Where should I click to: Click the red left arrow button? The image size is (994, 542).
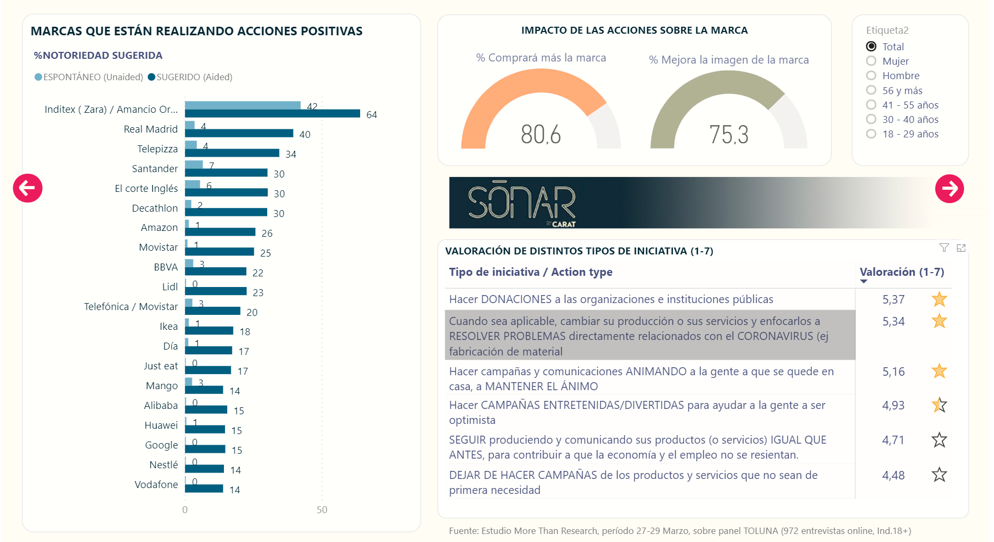tap(28, 188)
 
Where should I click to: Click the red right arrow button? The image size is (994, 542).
tap(949, 189)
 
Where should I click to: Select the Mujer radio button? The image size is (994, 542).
tap(871, 61)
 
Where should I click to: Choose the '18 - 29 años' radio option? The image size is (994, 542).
tap(871, 134)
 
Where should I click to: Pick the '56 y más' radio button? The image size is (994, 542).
tap(871, 90)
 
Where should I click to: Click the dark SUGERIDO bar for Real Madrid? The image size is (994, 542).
tap(239, 133)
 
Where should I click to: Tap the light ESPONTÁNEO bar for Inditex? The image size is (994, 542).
tap(243, 105)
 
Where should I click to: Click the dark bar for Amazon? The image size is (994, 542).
tap(220, 232)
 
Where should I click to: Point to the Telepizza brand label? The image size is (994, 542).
tap(157, 149)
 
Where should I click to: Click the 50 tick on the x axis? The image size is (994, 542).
tap(322, 509)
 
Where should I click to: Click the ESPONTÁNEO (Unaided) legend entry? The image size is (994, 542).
tap(89, 77)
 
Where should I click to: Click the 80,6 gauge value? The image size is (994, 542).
tap(541, 134)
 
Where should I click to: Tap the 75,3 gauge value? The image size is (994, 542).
tap(728, 135)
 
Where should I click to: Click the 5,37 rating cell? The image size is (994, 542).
tap(893, 299)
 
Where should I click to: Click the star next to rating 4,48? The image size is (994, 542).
tap(939, 475)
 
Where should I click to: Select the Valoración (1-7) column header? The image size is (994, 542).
tap(902, 272)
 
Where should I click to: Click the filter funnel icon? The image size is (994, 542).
tap(944, 247)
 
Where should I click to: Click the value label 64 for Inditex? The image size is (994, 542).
tap(371, 115)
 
